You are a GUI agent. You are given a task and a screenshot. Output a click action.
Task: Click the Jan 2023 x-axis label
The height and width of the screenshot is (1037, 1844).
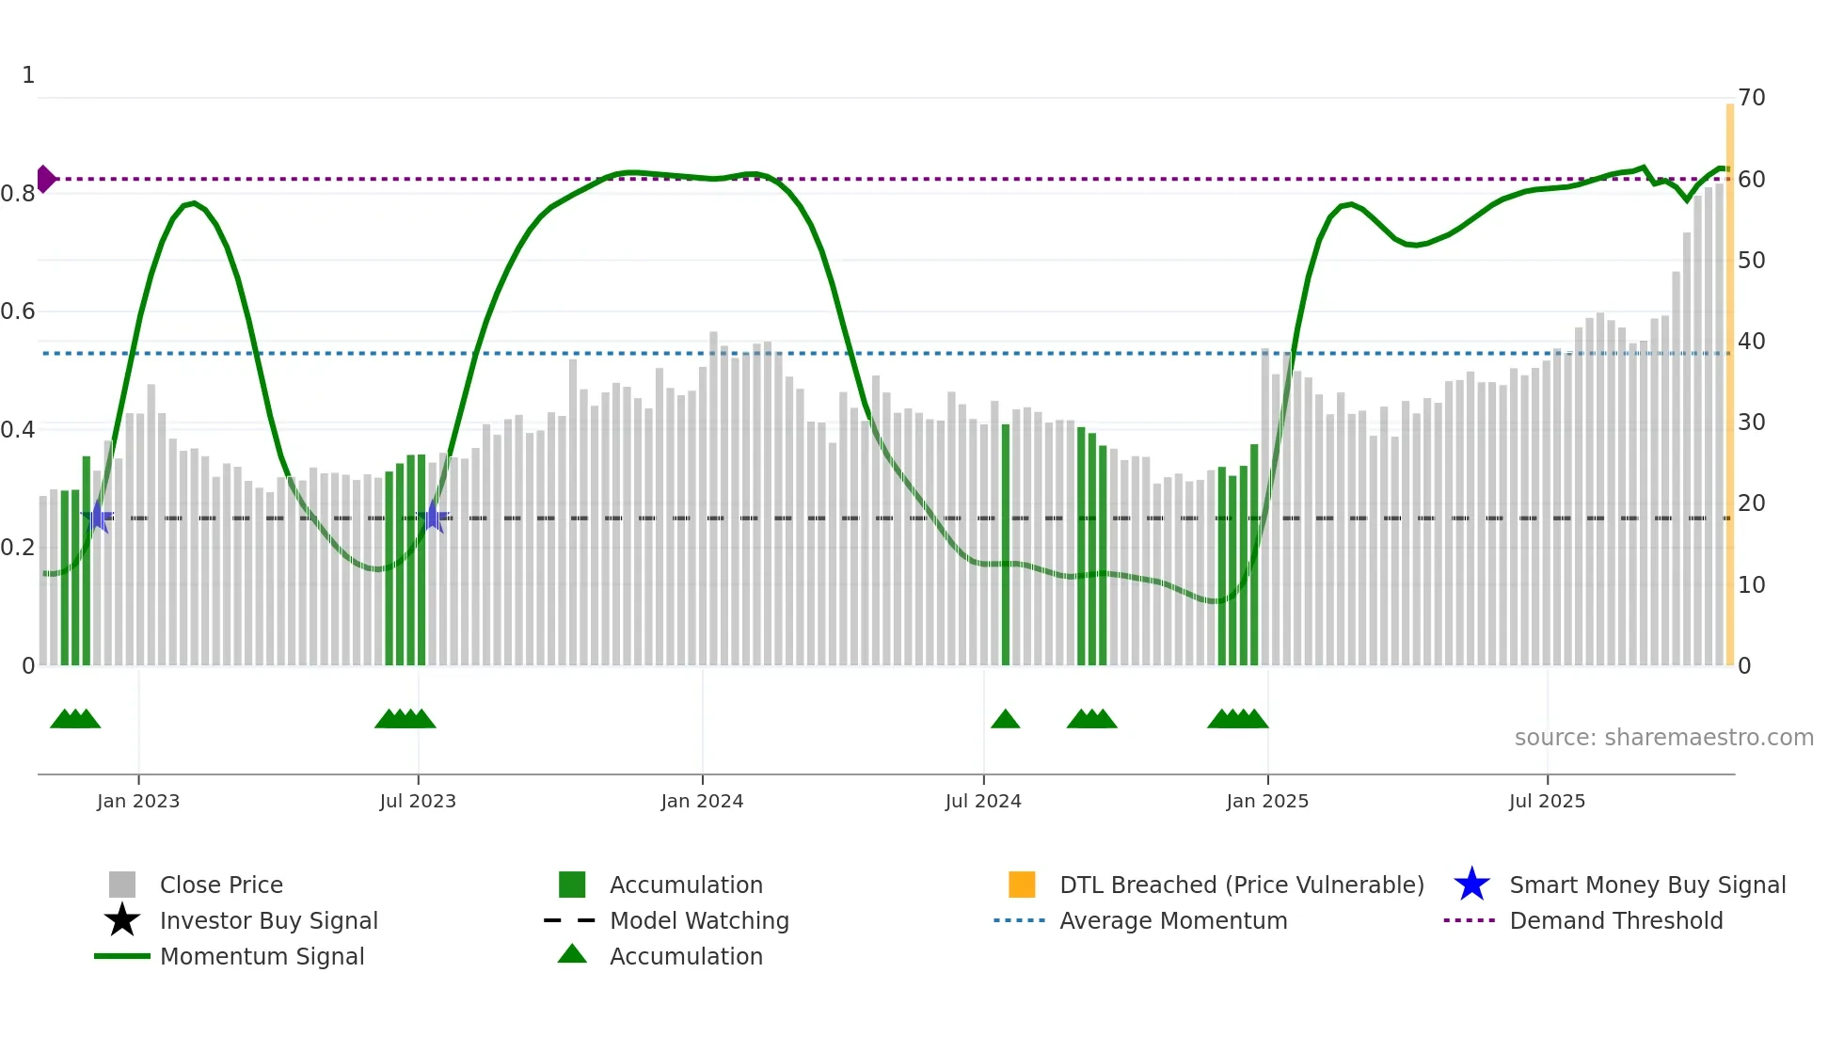137,801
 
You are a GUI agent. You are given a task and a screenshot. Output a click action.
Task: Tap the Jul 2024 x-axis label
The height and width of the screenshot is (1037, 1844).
983,801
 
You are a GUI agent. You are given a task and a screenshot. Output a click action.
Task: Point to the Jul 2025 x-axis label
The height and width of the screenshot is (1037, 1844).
1547,801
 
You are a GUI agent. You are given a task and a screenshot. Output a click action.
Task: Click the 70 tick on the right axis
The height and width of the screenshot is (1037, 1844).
1751,98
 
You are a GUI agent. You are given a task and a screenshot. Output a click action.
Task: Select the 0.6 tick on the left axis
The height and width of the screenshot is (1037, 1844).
18,311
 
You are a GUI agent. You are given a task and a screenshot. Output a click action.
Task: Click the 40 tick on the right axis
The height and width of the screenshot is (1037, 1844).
1751,342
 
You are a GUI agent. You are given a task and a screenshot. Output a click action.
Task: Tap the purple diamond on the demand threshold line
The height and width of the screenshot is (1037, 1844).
45,179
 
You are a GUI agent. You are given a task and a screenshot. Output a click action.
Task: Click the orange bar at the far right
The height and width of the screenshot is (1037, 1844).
1729,376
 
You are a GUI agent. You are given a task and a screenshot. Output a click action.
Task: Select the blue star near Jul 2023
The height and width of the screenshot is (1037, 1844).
434,517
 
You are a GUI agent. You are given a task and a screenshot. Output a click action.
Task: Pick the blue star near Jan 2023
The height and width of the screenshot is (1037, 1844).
97,517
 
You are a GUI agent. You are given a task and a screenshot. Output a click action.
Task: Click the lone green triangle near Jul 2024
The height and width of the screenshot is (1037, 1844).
1005,719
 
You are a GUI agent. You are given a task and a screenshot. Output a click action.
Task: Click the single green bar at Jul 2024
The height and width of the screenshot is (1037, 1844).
1005,546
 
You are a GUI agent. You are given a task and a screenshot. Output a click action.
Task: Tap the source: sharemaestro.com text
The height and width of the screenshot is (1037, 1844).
1663,738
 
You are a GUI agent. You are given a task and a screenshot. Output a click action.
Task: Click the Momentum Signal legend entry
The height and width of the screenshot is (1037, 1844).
262,956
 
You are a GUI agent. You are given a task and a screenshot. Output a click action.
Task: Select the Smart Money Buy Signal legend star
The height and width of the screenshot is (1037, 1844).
1471,885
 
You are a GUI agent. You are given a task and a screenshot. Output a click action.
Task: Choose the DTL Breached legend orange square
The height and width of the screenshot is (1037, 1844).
1022,885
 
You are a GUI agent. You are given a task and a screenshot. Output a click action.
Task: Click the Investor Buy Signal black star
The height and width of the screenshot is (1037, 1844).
122,920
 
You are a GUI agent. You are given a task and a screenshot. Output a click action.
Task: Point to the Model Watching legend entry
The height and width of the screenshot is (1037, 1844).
699,920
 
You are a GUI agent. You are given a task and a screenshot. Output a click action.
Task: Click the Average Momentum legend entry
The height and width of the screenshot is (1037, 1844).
1172,920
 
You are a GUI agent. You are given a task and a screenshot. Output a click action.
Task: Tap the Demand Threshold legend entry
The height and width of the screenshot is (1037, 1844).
1615,920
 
